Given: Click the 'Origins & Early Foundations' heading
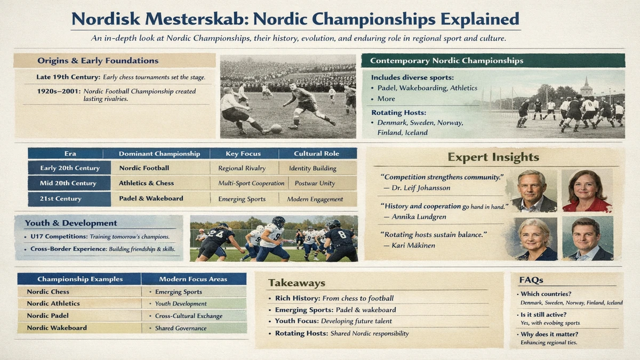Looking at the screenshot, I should (x=98, y=61).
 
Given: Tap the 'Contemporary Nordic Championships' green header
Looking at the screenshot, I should (x=446, y=61).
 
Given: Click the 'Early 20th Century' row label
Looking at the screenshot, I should (x=70, y=168).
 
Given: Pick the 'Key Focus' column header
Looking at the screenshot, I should (x=243, y=154).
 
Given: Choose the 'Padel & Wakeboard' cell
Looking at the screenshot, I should (x=151, y=198).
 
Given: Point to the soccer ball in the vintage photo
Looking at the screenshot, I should (x=276, y=129).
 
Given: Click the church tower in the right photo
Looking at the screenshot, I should (x=586, y=87).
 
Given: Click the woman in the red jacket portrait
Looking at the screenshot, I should (x=586, y=190).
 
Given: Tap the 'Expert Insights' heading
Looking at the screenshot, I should (x=493, y=157).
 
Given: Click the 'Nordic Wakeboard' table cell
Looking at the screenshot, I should (x=57, y=328).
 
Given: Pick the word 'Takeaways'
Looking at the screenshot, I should (x=296, y=283).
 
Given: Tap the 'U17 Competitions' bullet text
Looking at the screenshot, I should (x=59, y=236).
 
